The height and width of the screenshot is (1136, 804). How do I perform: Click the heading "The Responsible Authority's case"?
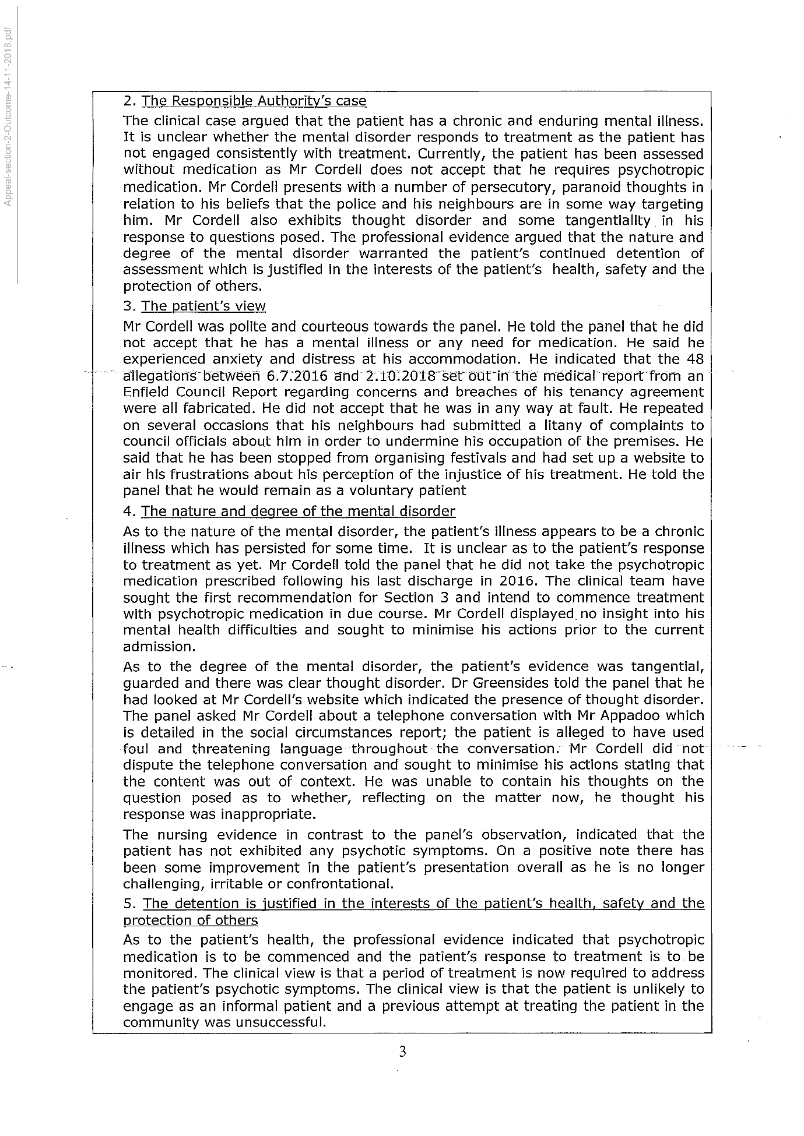(254, 101)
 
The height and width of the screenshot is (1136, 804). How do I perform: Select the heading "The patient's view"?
(203, 306)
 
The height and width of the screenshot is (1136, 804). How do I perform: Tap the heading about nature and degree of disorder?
(298, 511)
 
